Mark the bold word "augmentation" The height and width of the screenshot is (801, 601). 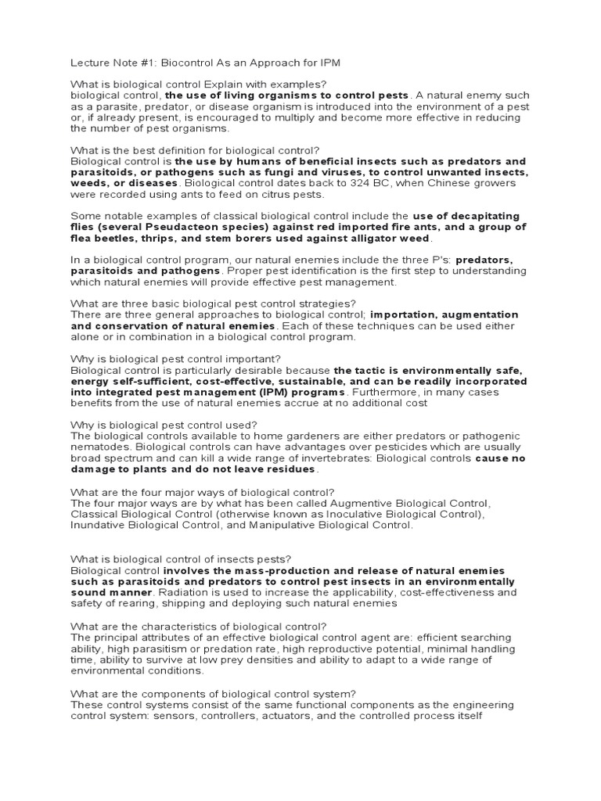click(483, 314)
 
